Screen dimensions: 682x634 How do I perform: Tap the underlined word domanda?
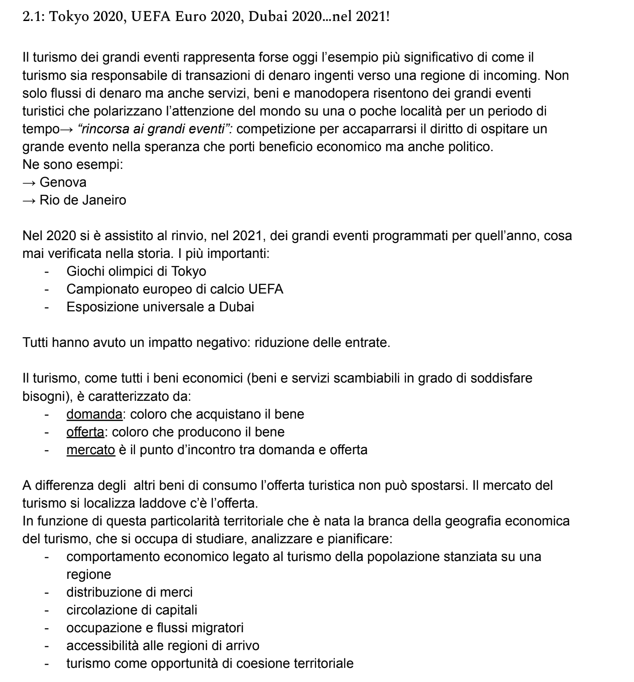pyautogui.click(x=94, y=414)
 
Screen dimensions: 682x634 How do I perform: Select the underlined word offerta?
pyautogui.click(x=85, y=432)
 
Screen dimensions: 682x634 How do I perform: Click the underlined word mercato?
pyautogui.click(x=91, y=450)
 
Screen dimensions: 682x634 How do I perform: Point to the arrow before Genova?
pyautogui.click(x=29, y=183)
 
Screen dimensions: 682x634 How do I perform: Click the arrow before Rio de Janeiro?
pyautogui.click(x=29, y=200)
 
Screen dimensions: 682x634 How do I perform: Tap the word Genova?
pyautogui.click(x=63, y=182)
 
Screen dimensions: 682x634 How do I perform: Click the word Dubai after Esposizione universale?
pyautogui.click(x=236, y=307)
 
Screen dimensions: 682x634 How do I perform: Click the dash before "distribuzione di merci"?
pyautogui.click(x=47, y=593)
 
